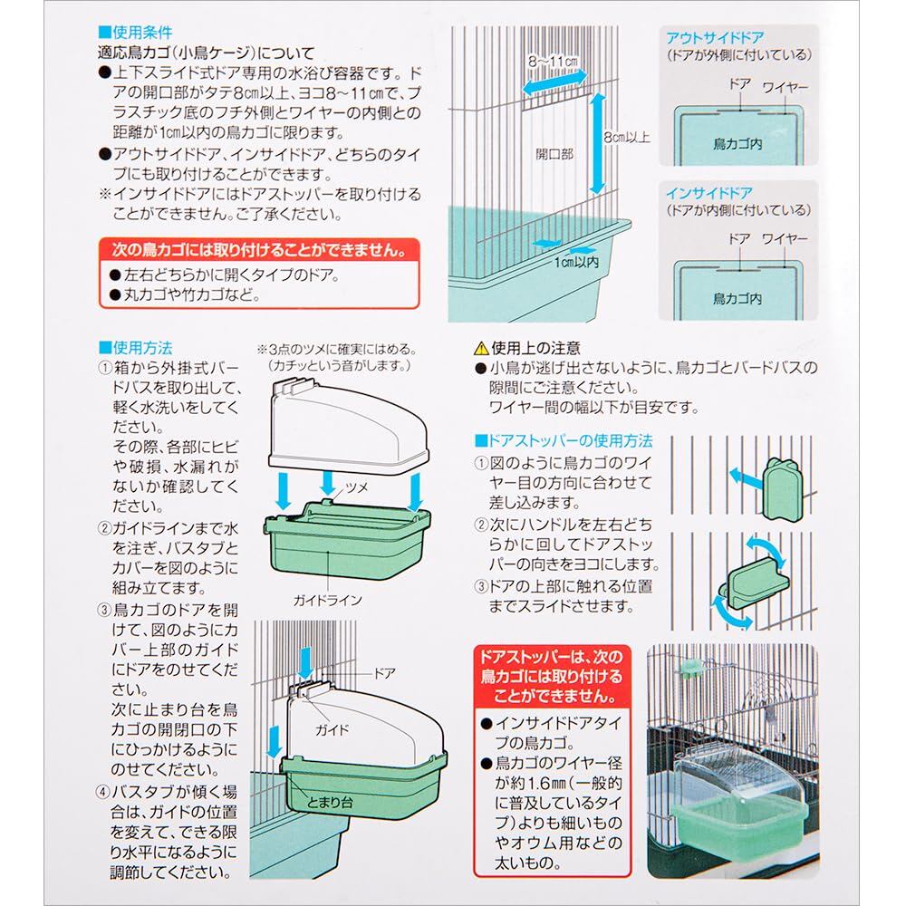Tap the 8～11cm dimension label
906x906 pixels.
[553, 61]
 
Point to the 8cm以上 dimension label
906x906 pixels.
[627, 138]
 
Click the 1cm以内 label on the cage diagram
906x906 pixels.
[576, 263]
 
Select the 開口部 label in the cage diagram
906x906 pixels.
[554, 154]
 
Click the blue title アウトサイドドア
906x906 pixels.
[715, 38]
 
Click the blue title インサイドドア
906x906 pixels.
[709, 192]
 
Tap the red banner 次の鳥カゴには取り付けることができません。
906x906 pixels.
[259, 250]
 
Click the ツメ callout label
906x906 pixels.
[356, 487]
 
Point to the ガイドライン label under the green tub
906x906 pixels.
[327, 601]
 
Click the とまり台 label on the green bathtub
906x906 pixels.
[330, 803]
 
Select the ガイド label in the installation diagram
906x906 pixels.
[333, 729]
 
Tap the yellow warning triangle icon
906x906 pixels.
[481, 349]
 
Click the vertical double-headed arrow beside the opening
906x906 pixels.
[597, 143]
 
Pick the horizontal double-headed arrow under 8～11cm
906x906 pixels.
[554, 82]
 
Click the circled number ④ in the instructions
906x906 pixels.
[103, 792]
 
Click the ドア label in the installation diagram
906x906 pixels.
[385, 673]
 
